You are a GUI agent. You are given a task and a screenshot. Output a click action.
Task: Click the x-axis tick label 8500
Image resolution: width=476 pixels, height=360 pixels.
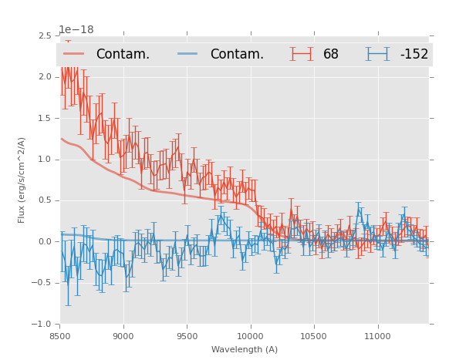[x=59, y=336]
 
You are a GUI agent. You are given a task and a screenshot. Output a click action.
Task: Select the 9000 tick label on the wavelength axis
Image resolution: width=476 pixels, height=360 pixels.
[x=123, y=336]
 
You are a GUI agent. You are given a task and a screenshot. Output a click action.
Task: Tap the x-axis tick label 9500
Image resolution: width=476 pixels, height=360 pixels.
[x=187, y=336]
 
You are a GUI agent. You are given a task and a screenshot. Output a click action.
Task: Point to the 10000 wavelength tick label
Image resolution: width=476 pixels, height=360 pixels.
[x=250, y=336]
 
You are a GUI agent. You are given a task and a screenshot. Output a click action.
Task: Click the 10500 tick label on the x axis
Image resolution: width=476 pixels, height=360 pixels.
[x=313, y=336]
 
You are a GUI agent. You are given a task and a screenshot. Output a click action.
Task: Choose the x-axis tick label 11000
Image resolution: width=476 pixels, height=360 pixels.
[x=377, y=336]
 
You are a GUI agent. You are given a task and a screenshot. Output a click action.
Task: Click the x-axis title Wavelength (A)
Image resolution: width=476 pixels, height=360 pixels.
[x=245, y=349]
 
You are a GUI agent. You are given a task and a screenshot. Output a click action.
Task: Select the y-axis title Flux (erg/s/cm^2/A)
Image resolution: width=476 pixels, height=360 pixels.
[x=22, y=180]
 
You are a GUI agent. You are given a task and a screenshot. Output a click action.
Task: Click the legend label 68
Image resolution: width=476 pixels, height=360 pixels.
[x=331, y=55]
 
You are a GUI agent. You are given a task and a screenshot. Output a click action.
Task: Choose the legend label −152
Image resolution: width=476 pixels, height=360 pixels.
[x=414, y=55]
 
